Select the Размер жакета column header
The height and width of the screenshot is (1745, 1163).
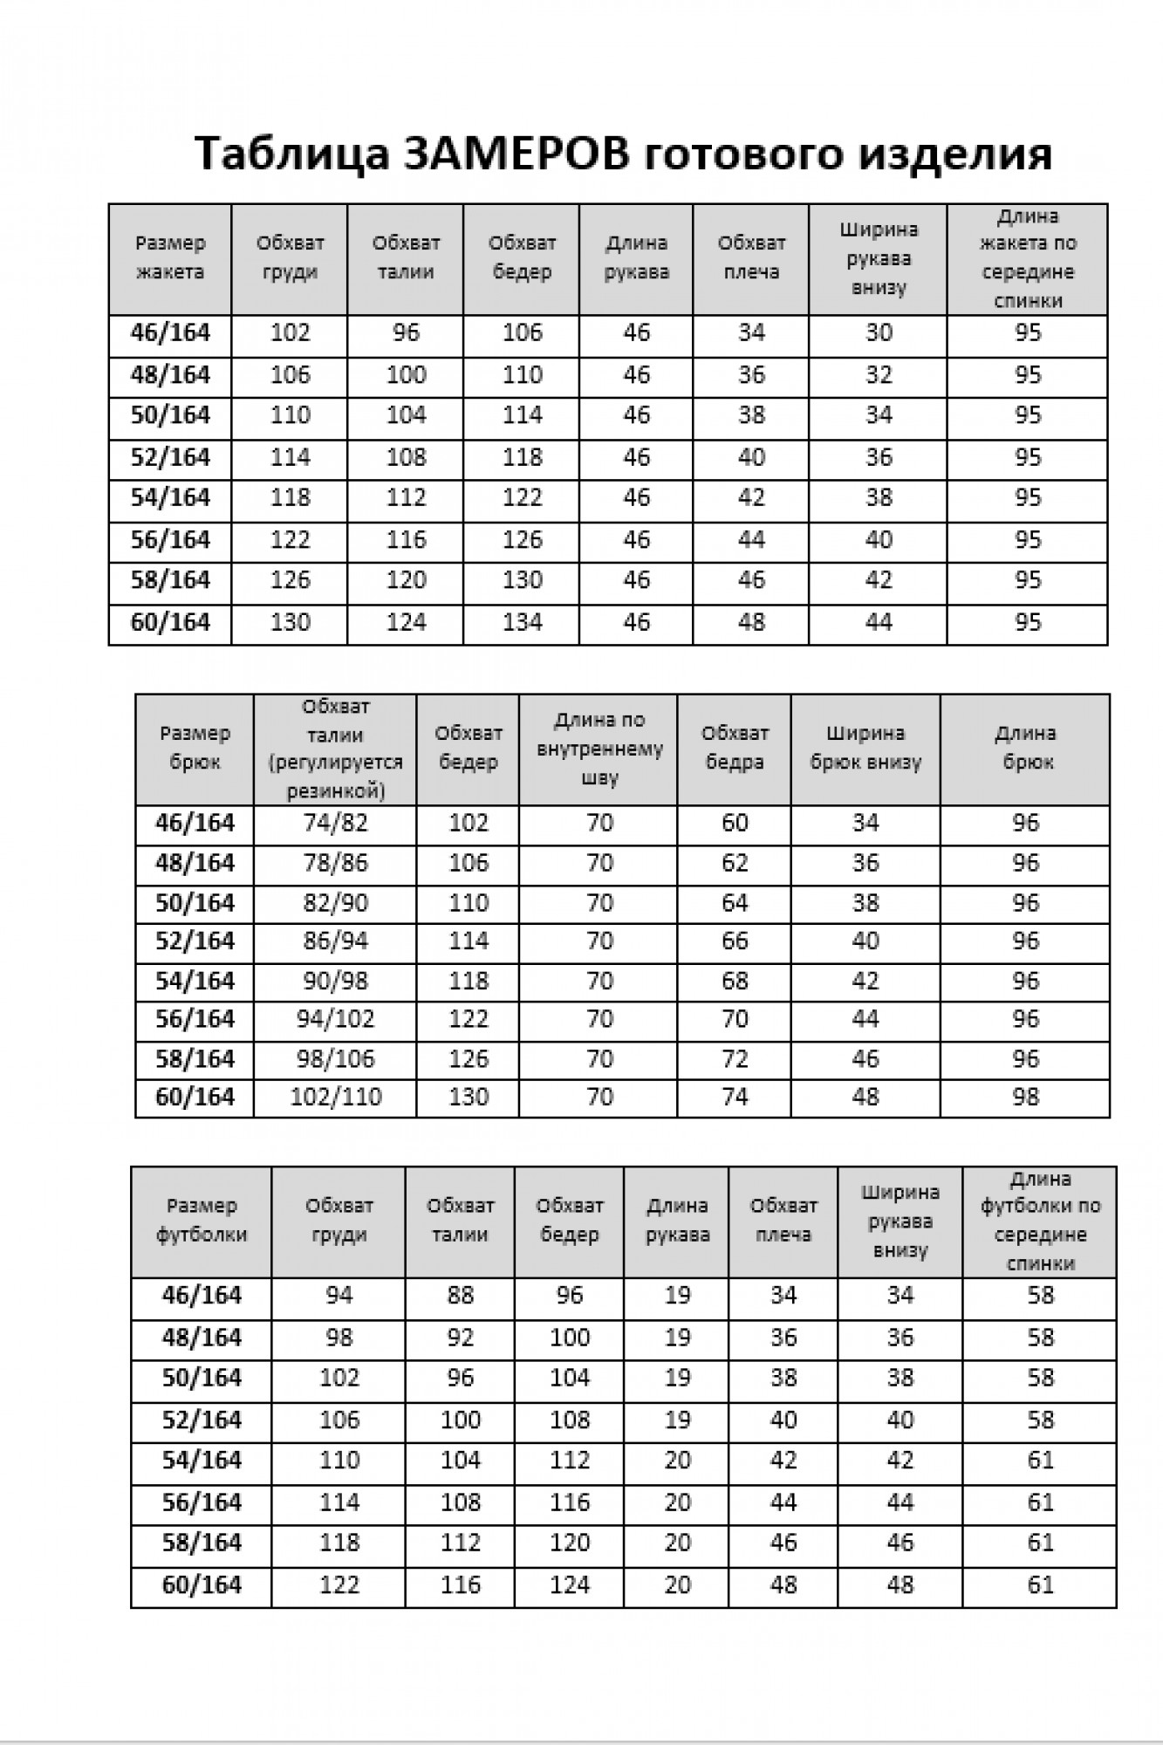pos(170,257)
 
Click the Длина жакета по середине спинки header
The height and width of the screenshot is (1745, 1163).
pos(1028,258)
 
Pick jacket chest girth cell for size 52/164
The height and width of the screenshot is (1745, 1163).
pos(290,457)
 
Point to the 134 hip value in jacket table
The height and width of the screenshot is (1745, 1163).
pos(522,622)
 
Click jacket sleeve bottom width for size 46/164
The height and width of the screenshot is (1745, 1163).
pos(878,333)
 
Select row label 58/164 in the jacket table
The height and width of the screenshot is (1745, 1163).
pos(170,580)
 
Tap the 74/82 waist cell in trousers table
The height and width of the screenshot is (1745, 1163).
pos(335,823)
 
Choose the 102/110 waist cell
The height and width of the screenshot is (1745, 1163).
pos(335,1097)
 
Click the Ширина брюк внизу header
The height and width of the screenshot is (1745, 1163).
pos(865,748)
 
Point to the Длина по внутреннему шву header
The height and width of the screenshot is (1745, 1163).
pos(599,748)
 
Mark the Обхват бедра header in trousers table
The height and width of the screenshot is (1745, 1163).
pos(735,748)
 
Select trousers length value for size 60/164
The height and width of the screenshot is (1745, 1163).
pos(1025,1097)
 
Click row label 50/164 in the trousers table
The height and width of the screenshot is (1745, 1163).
pos(195,903)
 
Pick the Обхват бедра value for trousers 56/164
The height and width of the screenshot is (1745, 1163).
pos(735,1019)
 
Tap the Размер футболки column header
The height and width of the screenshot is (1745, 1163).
pos(202,1220)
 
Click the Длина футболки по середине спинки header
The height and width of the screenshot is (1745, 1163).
pos(1040,1220)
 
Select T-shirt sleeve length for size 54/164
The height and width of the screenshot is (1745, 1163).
pos(677,1461)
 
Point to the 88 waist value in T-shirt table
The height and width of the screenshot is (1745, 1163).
pos(460,1296)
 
